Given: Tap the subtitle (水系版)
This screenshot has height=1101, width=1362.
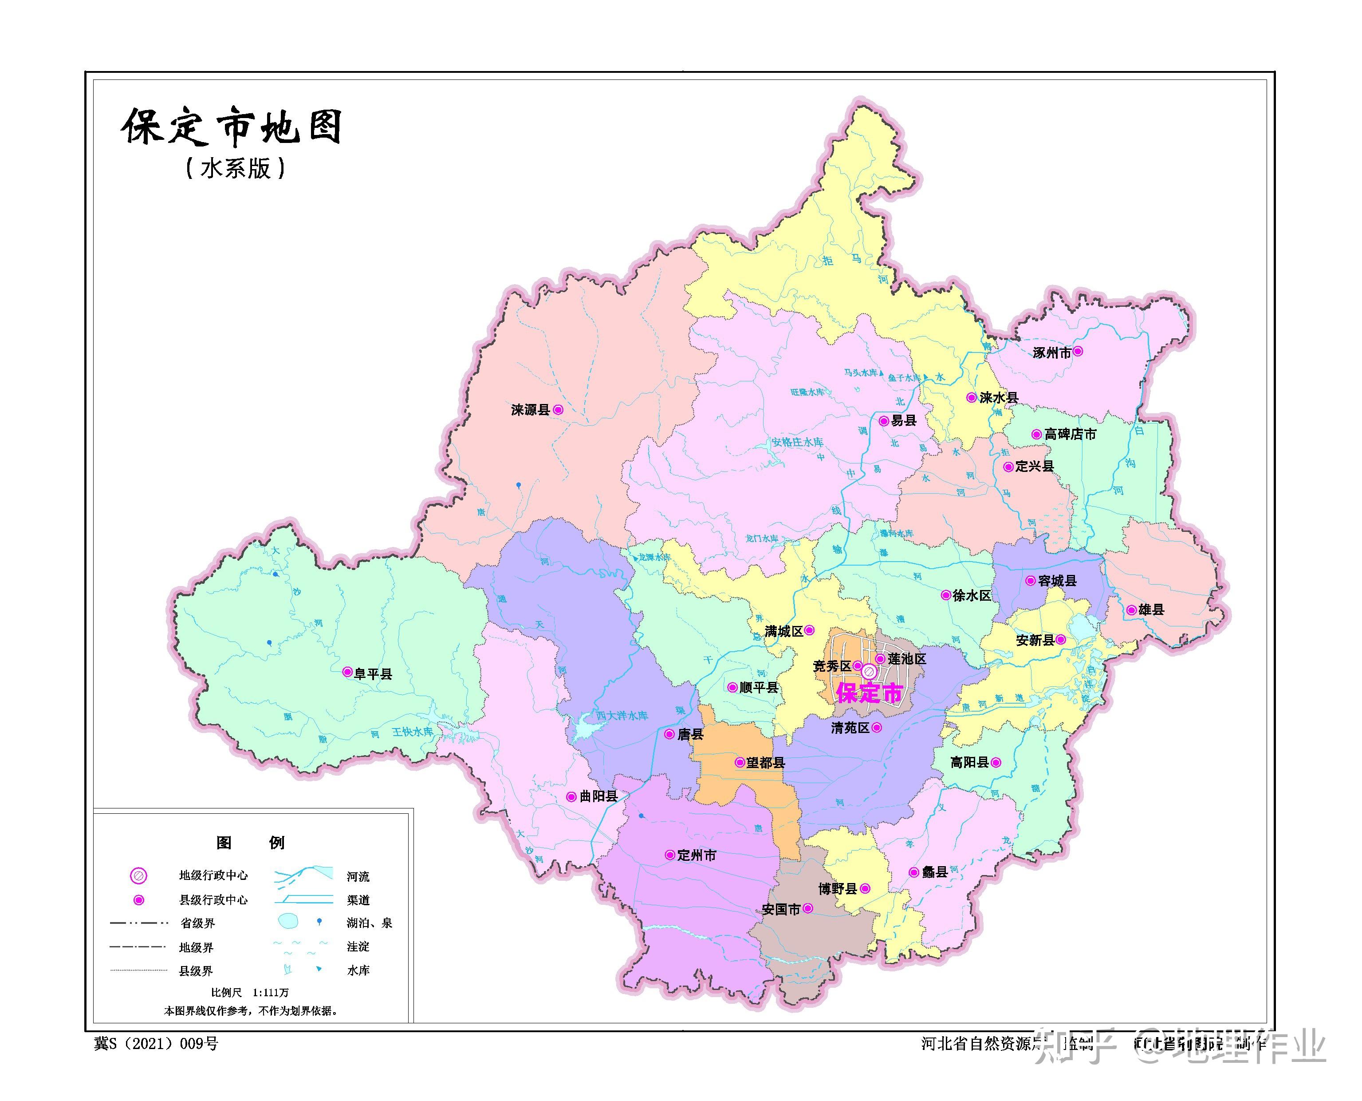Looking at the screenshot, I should pyautogui.click(x=235, y=169).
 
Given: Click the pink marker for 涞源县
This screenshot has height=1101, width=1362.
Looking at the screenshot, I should pyautogui.click(x=558, y=410).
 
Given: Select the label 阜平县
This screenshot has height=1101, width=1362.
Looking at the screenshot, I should pyautogui.click(x=373, y=673).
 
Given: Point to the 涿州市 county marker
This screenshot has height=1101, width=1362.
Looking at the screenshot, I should pyautogui.click(x=1078, y=351).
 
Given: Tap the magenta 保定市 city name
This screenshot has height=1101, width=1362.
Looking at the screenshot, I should pyautogui.click(x=870, y=693).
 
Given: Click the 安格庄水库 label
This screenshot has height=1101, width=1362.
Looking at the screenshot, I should pyautogui.click(x=797, y=442).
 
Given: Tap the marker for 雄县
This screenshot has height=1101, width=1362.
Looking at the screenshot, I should pyautogui.click(x=1131, y=610).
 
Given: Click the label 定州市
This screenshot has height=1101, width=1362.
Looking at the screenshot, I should pyautogui.click(x=697, y=855).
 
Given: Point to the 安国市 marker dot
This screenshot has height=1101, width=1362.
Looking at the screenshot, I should pyautogui.click(x=807, y=908).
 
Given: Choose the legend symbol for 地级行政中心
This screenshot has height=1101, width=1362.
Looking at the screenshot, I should pyautogui.click(x=138, y=876).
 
